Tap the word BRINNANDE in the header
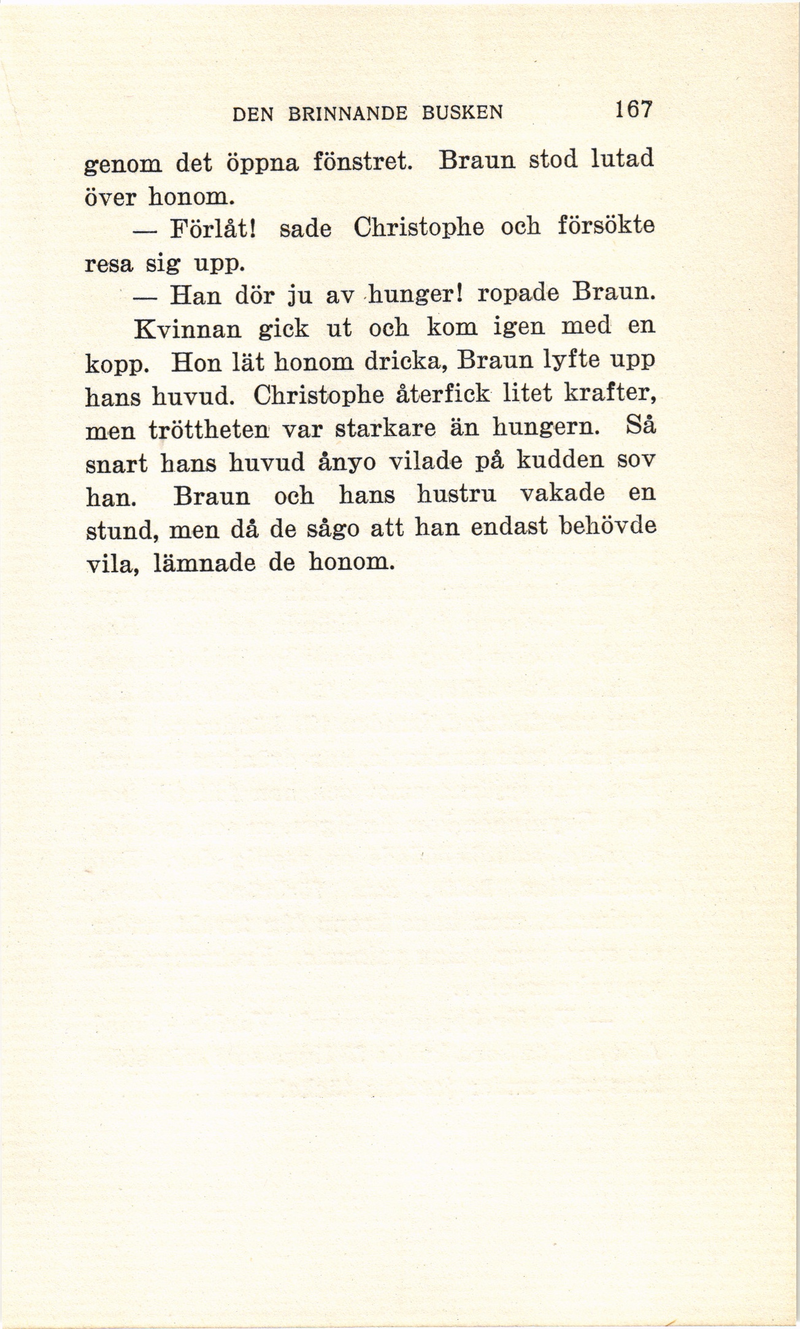[x=348, y=114]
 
